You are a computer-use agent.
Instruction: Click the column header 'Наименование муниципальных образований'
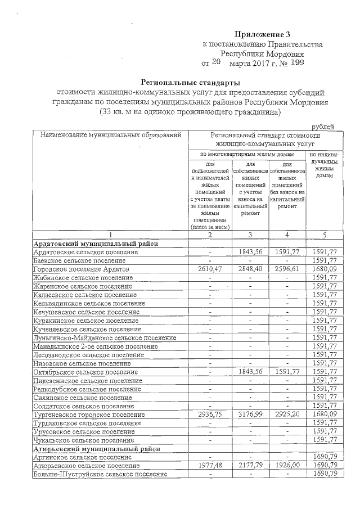(110, 135)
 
